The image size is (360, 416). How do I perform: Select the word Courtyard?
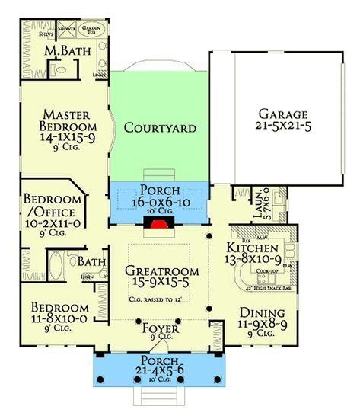click(160, 127)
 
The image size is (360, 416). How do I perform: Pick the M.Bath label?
click(63, 50)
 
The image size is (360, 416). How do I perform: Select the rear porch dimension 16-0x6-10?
click(161, 203)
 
